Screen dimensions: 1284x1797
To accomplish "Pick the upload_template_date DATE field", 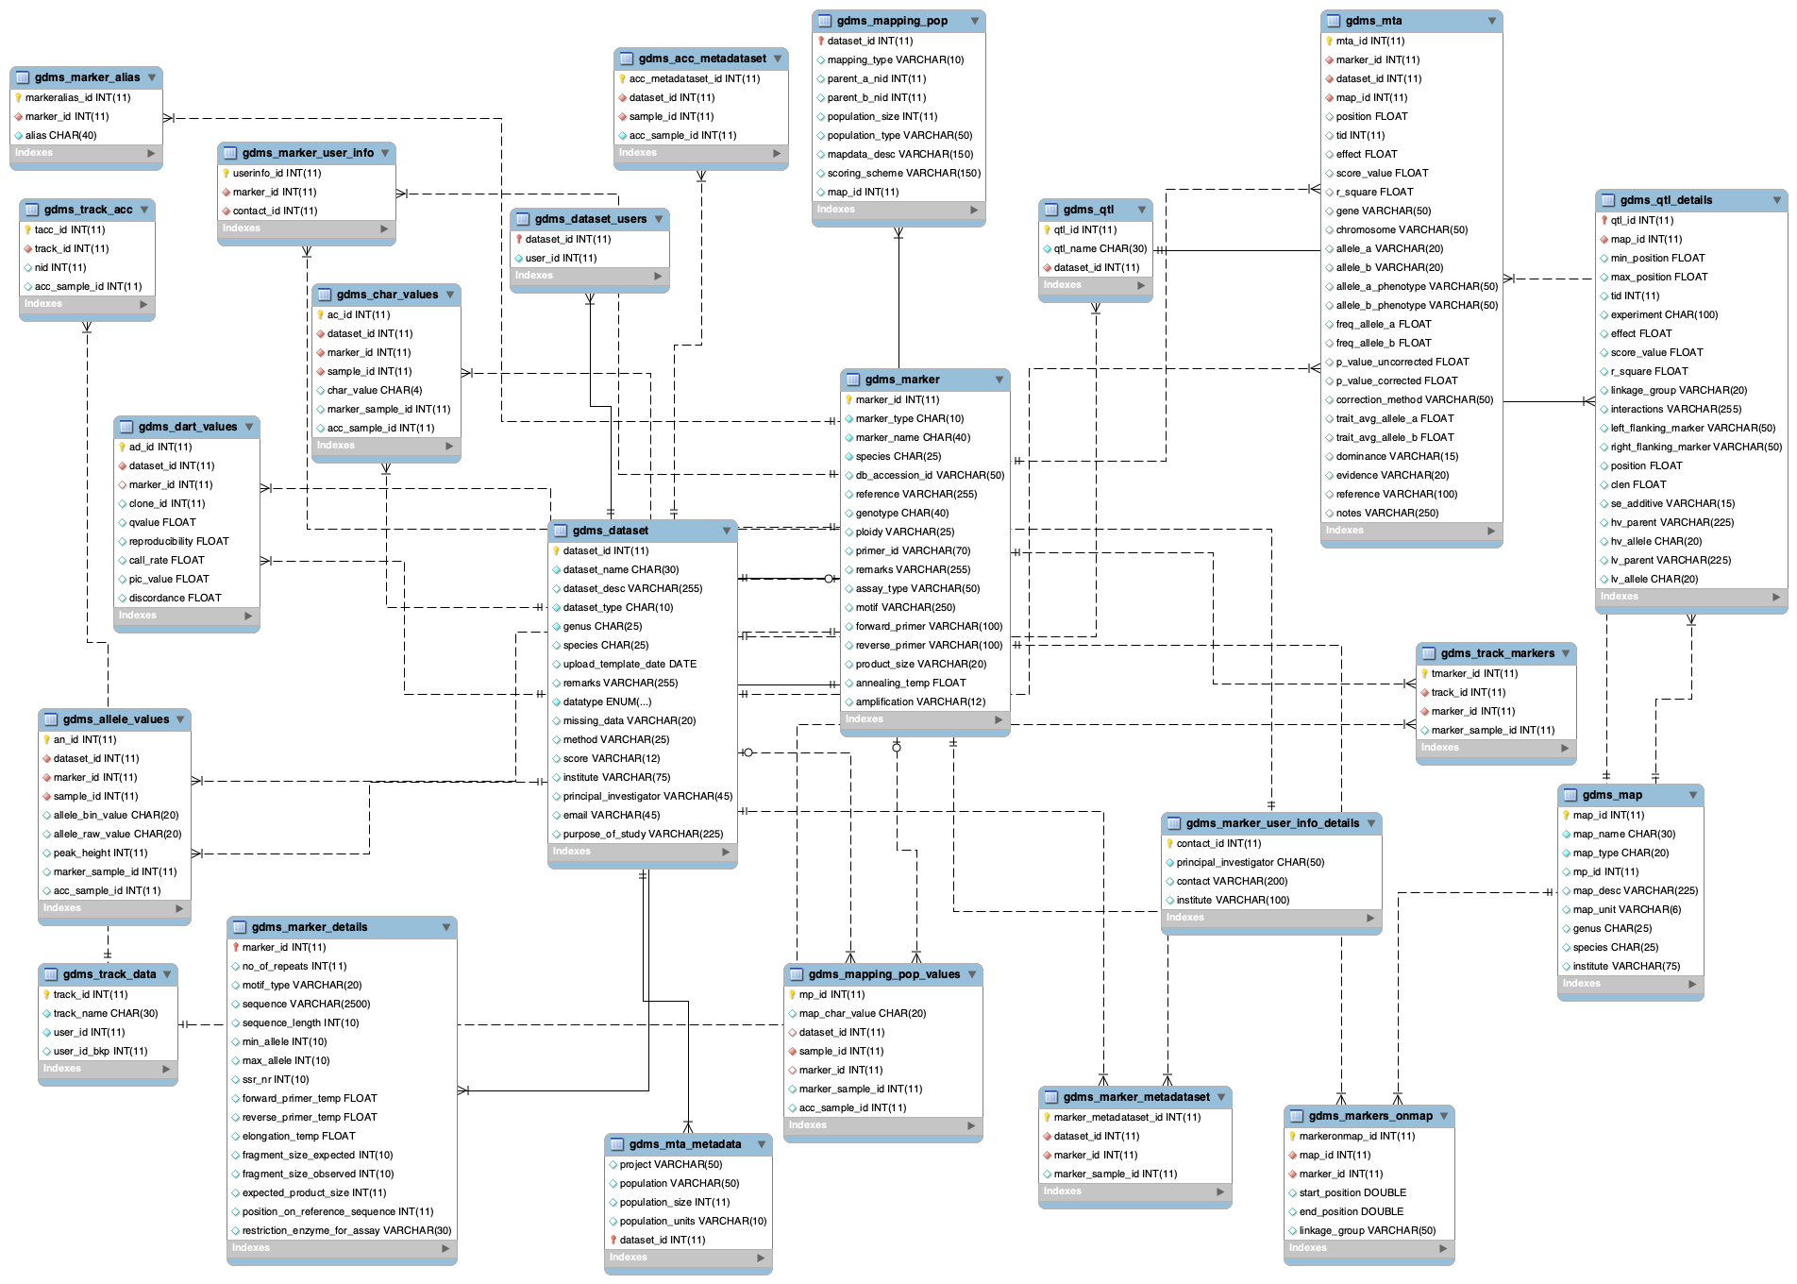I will [630, 664].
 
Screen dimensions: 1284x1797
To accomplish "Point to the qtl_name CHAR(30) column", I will [1100, 248].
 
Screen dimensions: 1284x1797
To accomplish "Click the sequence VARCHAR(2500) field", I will [306, 1004].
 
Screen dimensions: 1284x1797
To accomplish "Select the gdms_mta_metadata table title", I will [684, 1144].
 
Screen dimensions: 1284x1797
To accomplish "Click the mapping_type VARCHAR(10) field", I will [895, 59].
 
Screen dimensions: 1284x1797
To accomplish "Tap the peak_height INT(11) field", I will [100, 853].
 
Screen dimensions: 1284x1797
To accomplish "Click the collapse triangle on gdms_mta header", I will [1492, 21].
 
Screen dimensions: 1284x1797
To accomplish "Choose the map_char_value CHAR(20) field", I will [862, 1013].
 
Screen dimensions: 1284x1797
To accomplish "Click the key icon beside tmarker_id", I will [1424, 673].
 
